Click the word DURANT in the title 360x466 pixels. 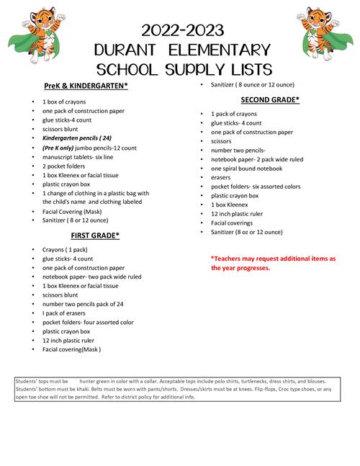tap(137, 50)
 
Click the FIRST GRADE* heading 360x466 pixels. tap(94, 235)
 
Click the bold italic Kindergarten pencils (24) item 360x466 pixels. tap(77, 138)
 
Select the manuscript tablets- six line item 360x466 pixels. tap(77, 156)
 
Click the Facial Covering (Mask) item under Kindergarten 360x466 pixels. tap(72, 212)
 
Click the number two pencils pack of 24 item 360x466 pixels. tap(87, 304)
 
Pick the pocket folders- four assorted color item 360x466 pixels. tap(88, 323)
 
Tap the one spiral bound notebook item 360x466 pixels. tap(246, 168)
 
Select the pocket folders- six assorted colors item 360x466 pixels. tap(256, 187)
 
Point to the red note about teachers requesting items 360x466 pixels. tap(273, 263)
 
